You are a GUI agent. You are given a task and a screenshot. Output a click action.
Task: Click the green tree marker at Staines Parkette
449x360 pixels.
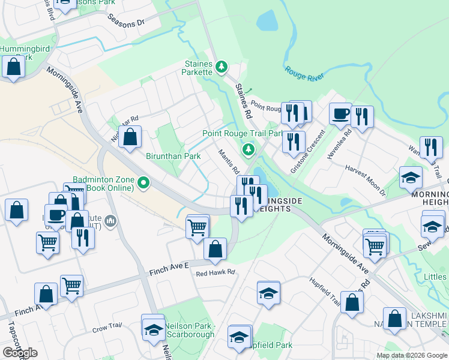pyautogui.click(x=221, y=66)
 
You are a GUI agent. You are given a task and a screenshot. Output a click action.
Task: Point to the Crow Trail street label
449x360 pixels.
pyautogui.click(x=107, y=326)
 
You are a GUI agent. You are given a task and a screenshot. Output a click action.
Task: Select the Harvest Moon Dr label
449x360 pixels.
pyautogui.click(x=365, y=181)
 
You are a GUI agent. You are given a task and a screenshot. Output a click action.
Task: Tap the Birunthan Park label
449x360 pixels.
pyautogui.click(x=173, y=156)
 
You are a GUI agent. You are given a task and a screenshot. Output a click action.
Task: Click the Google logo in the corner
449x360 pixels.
pyautogui.click(x=20, y=353)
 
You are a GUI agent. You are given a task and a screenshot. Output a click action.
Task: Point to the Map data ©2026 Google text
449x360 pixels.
pyautogui.click(x=411, y=355)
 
